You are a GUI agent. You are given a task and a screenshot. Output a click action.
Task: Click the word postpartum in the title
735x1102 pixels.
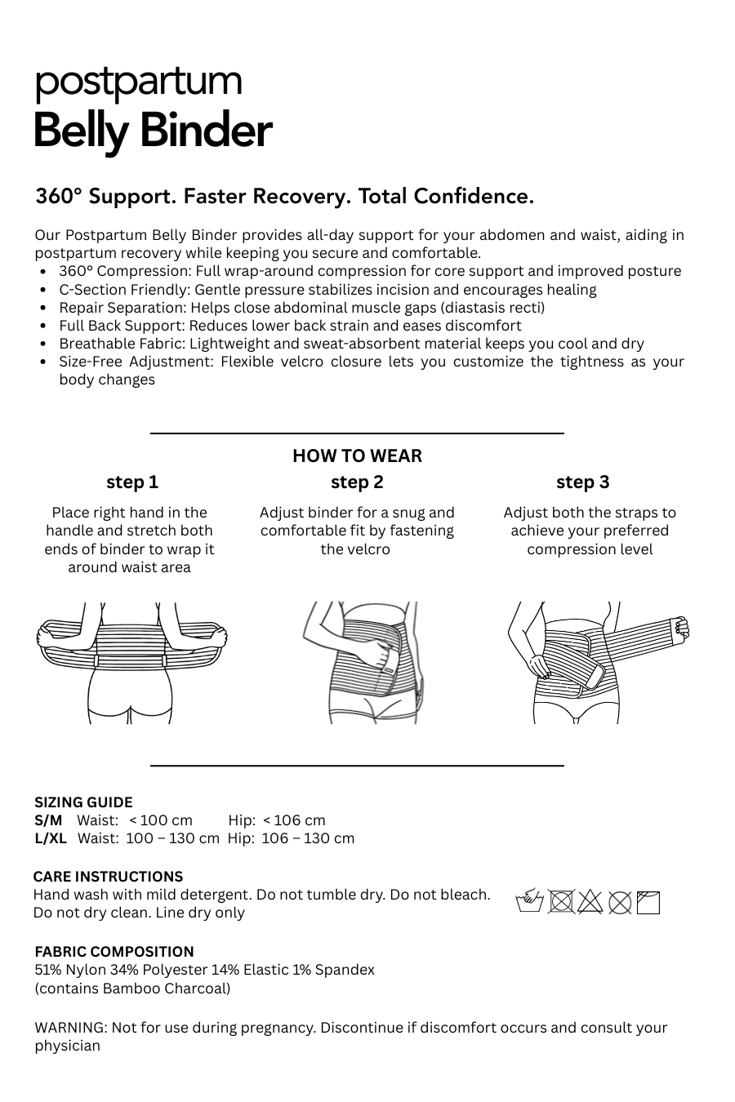pos(138,82)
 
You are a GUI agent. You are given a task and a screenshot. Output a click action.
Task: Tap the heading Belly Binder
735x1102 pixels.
pos(152,131)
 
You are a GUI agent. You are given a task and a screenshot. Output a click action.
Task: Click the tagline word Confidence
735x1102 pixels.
pos(474,197)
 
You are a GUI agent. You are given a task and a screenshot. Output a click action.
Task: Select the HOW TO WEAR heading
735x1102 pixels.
pos(357,455)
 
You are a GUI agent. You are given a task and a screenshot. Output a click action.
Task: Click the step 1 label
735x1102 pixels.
pos(132,482)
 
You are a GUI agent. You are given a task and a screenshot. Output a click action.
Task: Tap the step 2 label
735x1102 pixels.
pos(357,482)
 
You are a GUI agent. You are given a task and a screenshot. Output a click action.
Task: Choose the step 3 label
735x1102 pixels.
pos(582,482)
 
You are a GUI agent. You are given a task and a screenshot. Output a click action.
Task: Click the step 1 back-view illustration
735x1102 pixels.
pos(132,661)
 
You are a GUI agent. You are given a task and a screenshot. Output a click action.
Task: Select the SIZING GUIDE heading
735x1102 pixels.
pos(83,802)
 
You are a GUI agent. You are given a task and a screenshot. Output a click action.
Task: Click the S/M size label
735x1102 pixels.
pos(48,820)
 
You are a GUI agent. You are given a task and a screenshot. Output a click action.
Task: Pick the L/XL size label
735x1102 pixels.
pos(51,838)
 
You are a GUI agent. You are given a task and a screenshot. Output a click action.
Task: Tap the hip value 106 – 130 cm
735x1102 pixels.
pos(308,838)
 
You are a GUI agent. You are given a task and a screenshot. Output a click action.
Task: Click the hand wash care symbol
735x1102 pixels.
pos(530,902)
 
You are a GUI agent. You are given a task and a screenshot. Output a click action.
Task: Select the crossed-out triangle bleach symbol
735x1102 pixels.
pos(590,902)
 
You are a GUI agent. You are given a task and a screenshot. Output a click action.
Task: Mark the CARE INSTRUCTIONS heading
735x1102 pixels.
pos(108,877)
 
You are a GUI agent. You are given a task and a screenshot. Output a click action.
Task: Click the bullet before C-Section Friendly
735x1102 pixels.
pos(42,290)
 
